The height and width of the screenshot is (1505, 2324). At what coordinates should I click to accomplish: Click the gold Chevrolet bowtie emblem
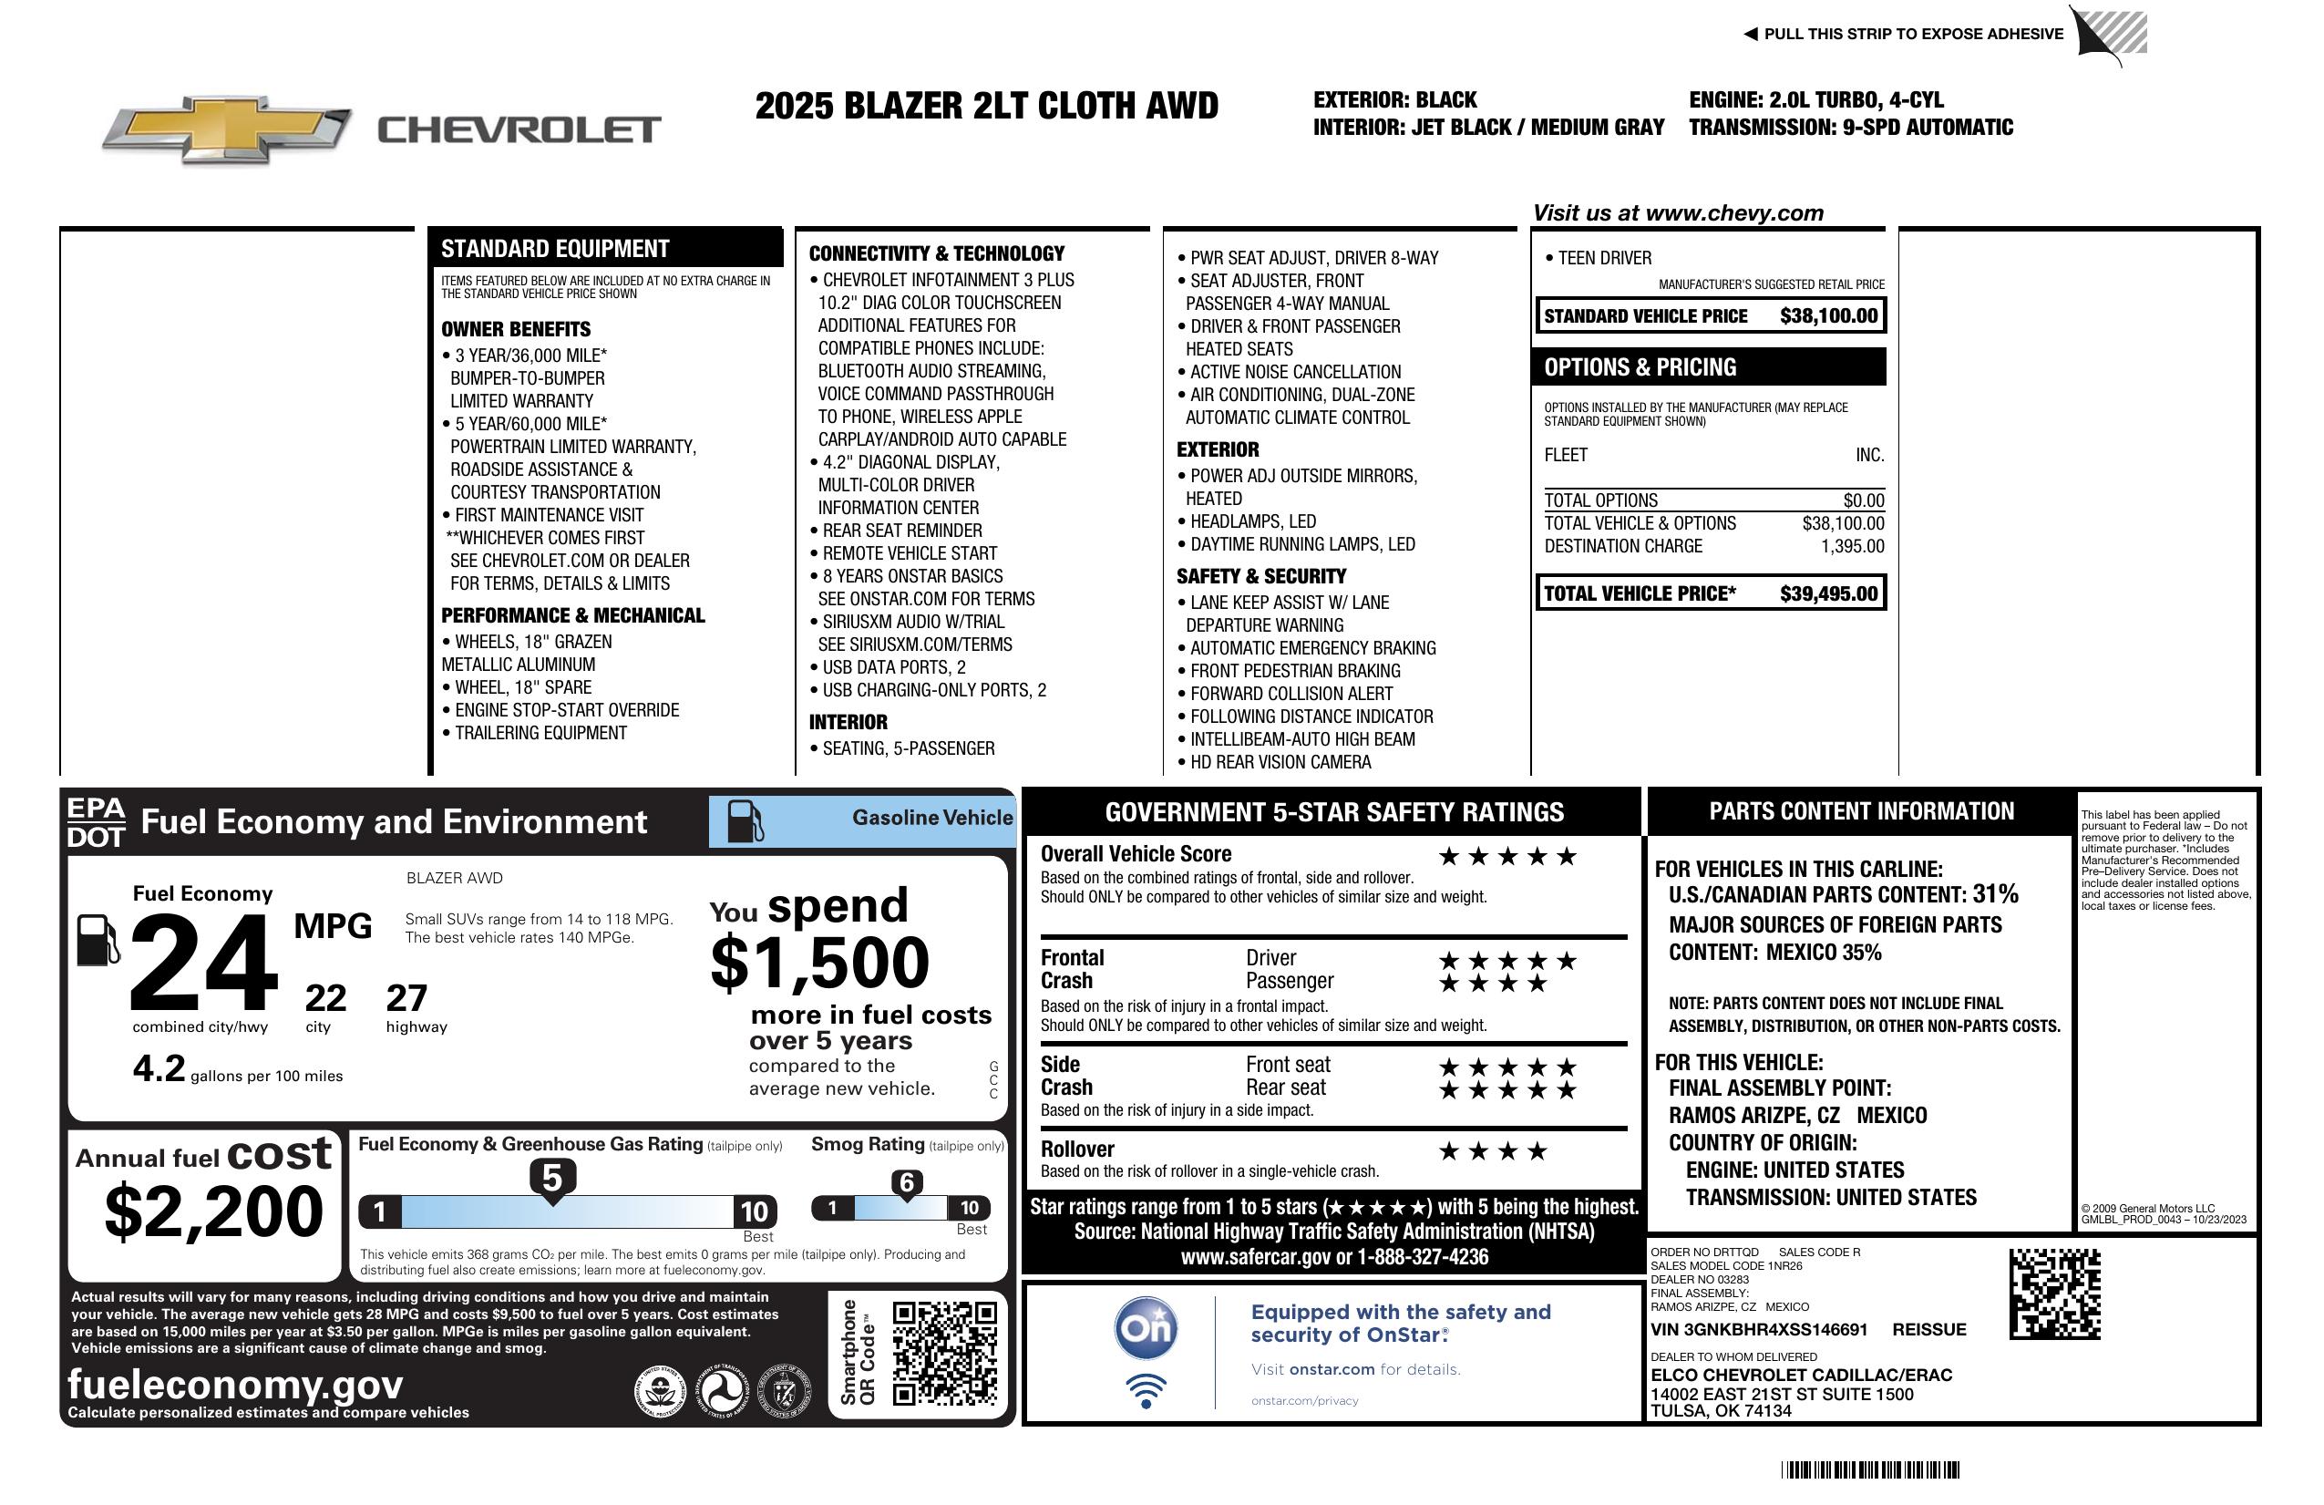[x=227, y=129]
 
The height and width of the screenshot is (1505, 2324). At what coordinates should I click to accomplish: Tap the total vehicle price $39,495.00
[x=1827, y=593]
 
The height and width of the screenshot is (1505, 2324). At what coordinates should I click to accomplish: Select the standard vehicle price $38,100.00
[x=1827, y=316]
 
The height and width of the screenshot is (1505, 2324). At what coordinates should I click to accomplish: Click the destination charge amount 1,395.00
[x=1851, y=547]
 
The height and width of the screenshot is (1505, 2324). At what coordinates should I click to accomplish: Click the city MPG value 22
[x=325, y=998]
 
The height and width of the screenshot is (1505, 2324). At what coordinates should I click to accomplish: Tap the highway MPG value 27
[x=406, y=998]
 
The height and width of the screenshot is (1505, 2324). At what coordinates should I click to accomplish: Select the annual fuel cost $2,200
[x=213, y=1211]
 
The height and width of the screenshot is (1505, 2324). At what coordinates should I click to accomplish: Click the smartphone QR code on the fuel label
[x=944, y=1352]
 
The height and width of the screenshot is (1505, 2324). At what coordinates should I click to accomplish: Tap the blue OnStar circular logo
[x=1146, y=1328]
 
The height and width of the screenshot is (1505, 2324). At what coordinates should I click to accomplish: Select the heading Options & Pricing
[x=1640, y=368]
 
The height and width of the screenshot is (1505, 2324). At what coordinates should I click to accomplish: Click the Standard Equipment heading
[x=555, y=249]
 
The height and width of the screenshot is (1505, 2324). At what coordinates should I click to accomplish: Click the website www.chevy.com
[x=1733, y=213]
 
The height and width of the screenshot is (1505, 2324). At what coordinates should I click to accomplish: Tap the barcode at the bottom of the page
[x=1869, y=1469]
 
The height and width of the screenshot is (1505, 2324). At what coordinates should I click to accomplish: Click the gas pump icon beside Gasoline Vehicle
[x=744, y=821]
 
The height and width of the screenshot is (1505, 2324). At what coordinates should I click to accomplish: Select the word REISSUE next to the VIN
[x=1928, y=1330]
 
